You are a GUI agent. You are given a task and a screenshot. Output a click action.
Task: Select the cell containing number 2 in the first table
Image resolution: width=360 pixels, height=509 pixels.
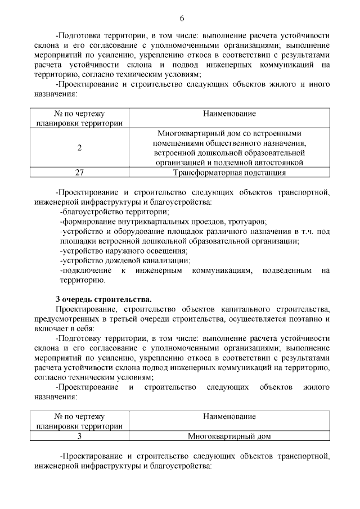tap(79, 148)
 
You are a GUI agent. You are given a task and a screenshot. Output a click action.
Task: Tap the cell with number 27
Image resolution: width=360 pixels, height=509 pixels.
tap(79, 173)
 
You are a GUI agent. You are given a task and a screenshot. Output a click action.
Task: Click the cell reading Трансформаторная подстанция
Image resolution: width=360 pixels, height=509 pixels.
tap(230, 173)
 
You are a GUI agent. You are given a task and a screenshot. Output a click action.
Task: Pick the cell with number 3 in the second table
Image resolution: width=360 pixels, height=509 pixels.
tap(79, 436)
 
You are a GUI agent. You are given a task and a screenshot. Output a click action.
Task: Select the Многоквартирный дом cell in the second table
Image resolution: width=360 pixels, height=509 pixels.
tap(230, 436)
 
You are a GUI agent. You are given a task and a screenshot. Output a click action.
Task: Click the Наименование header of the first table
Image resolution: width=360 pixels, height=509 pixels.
tap(230, 114)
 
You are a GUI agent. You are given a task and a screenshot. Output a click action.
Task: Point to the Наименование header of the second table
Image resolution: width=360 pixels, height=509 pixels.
tap(230, 417)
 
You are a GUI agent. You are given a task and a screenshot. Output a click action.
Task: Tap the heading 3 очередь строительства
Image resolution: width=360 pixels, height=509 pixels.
tap(103, 299)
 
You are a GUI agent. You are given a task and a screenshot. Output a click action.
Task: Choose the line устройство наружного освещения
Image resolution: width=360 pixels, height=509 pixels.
tap(124, 251)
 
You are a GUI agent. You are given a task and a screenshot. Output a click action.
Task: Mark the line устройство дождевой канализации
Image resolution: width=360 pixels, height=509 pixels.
tap(125, 260)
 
